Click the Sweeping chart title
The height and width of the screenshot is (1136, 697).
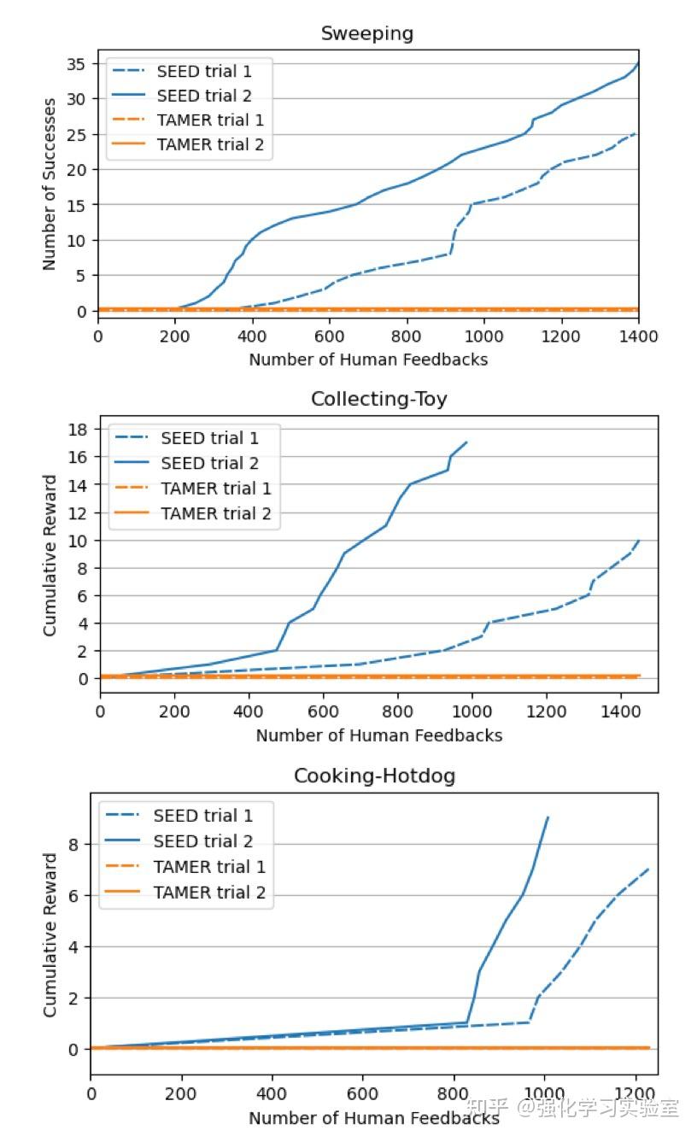point(367,33)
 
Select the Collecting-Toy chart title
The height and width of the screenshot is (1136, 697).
point(378,399)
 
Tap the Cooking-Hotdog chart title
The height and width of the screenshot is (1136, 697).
point(374,776)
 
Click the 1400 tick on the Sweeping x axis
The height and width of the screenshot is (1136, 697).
point(637,337)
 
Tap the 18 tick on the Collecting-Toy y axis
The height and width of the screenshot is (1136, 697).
point(80,430)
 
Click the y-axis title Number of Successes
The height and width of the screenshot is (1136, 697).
point(50,184)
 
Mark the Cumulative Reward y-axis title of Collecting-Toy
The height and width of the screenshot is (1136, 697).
point(50,555)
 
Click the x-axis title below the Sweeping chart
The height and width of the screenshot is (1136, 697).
point(368,360)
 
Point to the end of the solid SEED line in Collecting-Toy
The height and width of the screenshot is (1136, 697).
point(466,442)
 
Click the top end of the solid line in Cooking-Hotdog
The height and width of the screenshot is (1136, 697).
point(548,817)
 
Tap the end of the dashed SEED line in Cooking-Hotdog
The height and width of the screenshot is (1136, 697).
point(648,869)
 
